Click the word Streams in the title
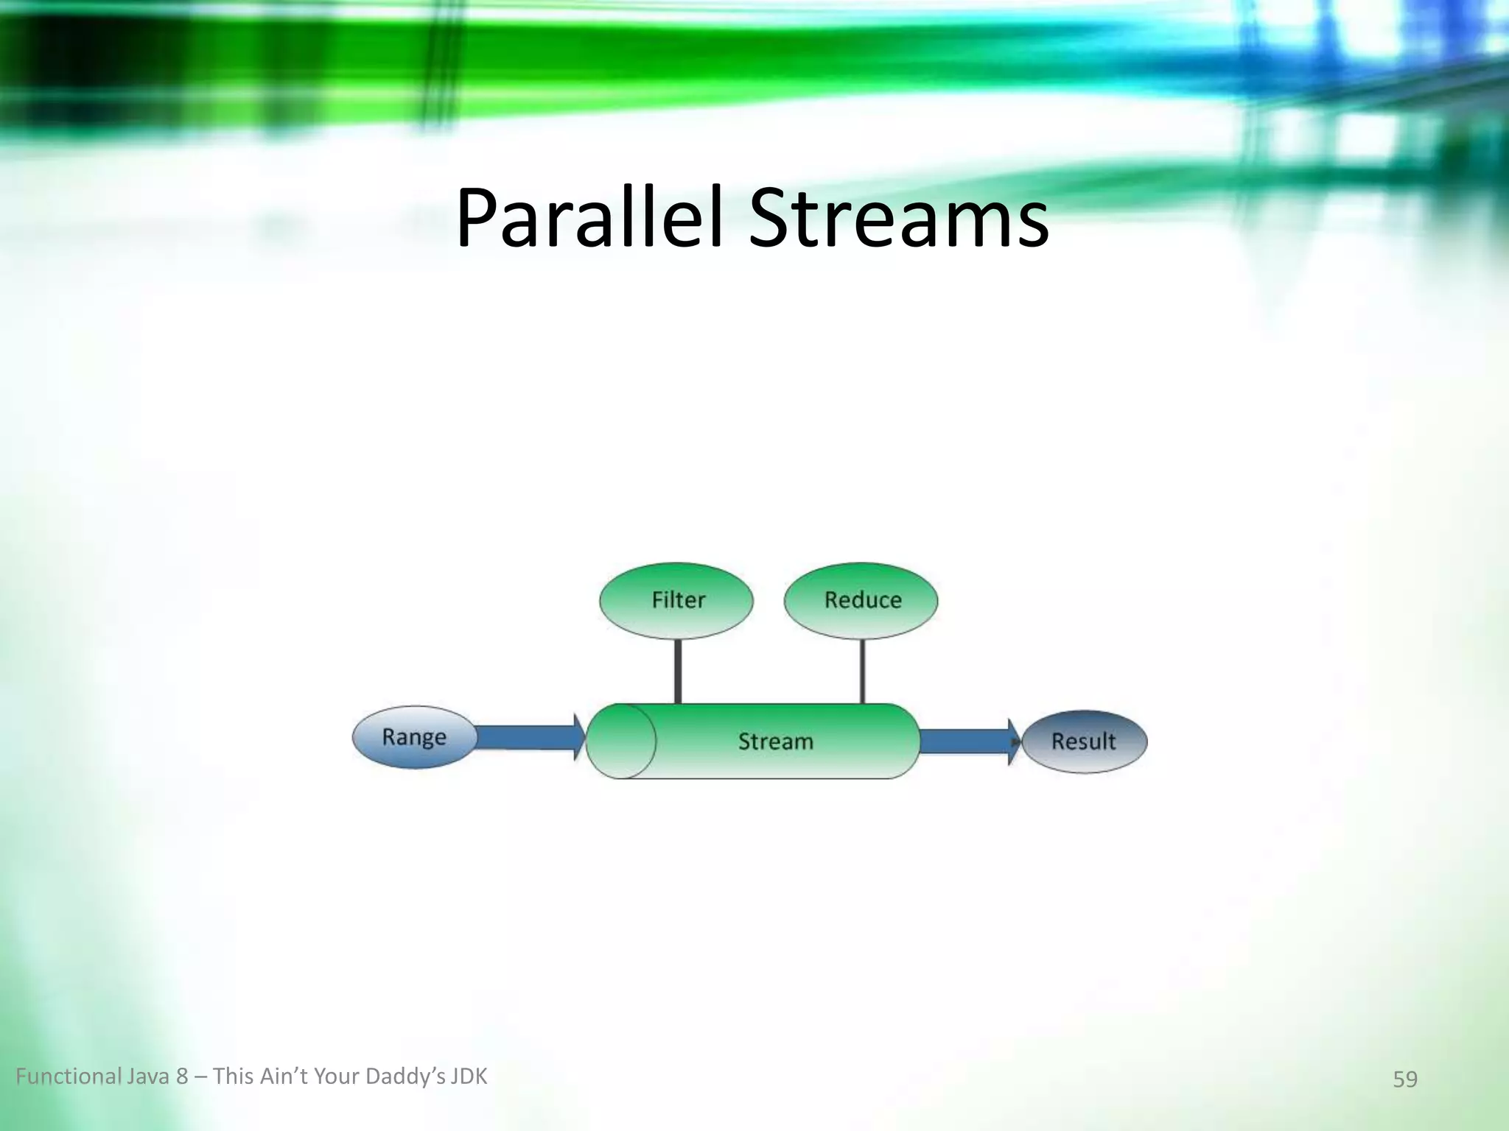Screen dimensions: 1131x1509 899,219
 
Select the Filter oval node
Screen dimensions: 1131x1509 676,600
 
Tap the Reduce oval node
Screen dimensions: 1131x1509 861,600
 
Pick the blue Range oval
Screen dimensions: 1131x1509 413,737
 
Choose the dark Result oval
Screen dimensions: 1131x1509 1084,741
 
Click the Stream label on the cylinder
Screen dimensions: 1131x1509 776,741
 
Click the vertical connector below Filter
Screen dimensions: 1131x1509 678,671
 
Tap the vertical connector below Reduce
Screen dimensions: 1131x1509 862,671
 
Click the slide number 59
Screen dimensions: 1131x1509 1405,1079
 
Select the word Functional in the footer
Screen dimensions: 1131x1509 67,1077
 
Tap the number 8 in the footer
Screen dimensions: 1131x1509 182,1077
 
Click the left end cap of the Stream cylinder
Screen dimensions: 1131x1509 621,741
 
